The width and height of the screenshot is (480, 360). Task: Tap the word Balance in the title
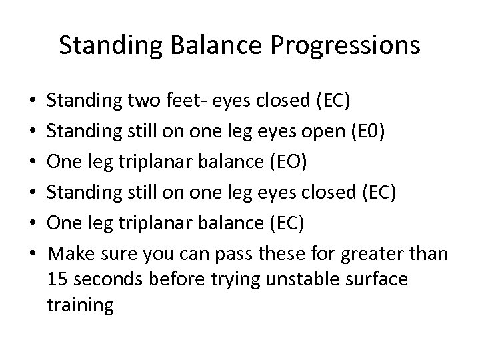[x=231, y=45]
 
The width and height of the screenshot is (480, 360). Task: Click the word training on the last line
[x=81, y=306]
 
